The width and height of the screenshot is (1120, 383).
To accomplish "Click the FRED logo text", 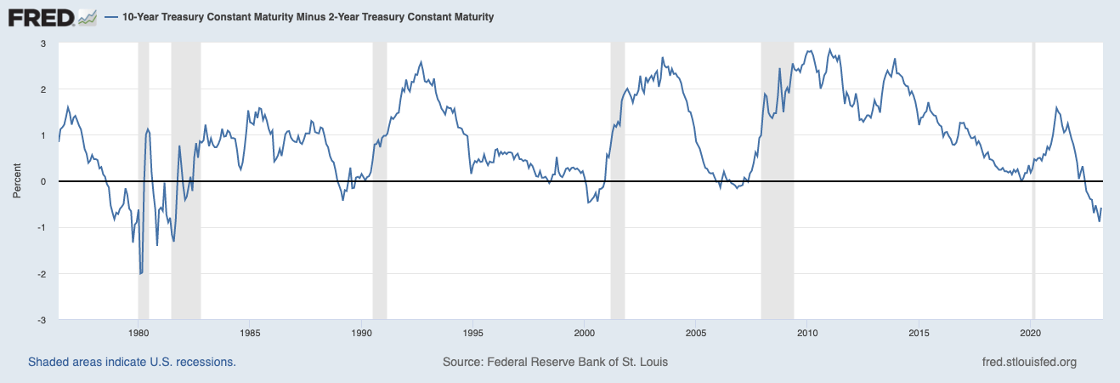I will pos(40,17).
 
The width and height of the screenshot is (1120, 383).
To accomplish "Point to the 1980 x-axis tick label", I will pos(139,332).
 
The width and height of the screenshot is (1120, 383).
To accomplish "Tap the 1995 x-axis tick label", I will pos(473,332).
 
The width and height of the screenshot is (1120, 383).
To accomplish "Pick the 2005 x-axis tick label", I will pos(696,332).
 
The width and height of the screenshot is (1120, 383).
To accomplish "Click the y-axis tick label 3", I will pos(42,43).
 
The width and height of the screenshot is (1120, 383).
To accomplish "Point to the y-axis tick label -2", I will pos(41,274).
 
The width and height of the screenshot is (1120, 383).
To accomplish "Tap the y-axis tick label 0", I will pos(42,181).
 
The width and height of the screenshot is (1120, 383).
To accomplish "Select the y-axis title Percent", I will pos(16,181).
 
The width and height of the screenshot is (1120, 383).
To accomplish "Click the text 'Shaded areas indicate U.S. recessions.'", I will pos(132,362).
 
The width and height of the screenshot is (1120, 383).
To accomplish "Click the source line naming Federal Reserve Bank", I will pos(555,362).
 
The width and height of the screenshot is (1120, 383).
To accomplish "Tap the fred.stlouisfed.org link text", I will pos(1029,362).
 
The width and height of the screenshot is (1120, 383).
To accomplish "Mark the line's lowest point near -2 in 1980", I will pos(140,274).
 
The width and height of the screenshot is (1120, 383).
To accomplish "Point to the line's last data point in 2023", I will pos(1102,208).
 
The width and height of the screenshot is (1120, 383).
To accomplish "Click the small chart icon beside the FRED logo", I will pos(87,17).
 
